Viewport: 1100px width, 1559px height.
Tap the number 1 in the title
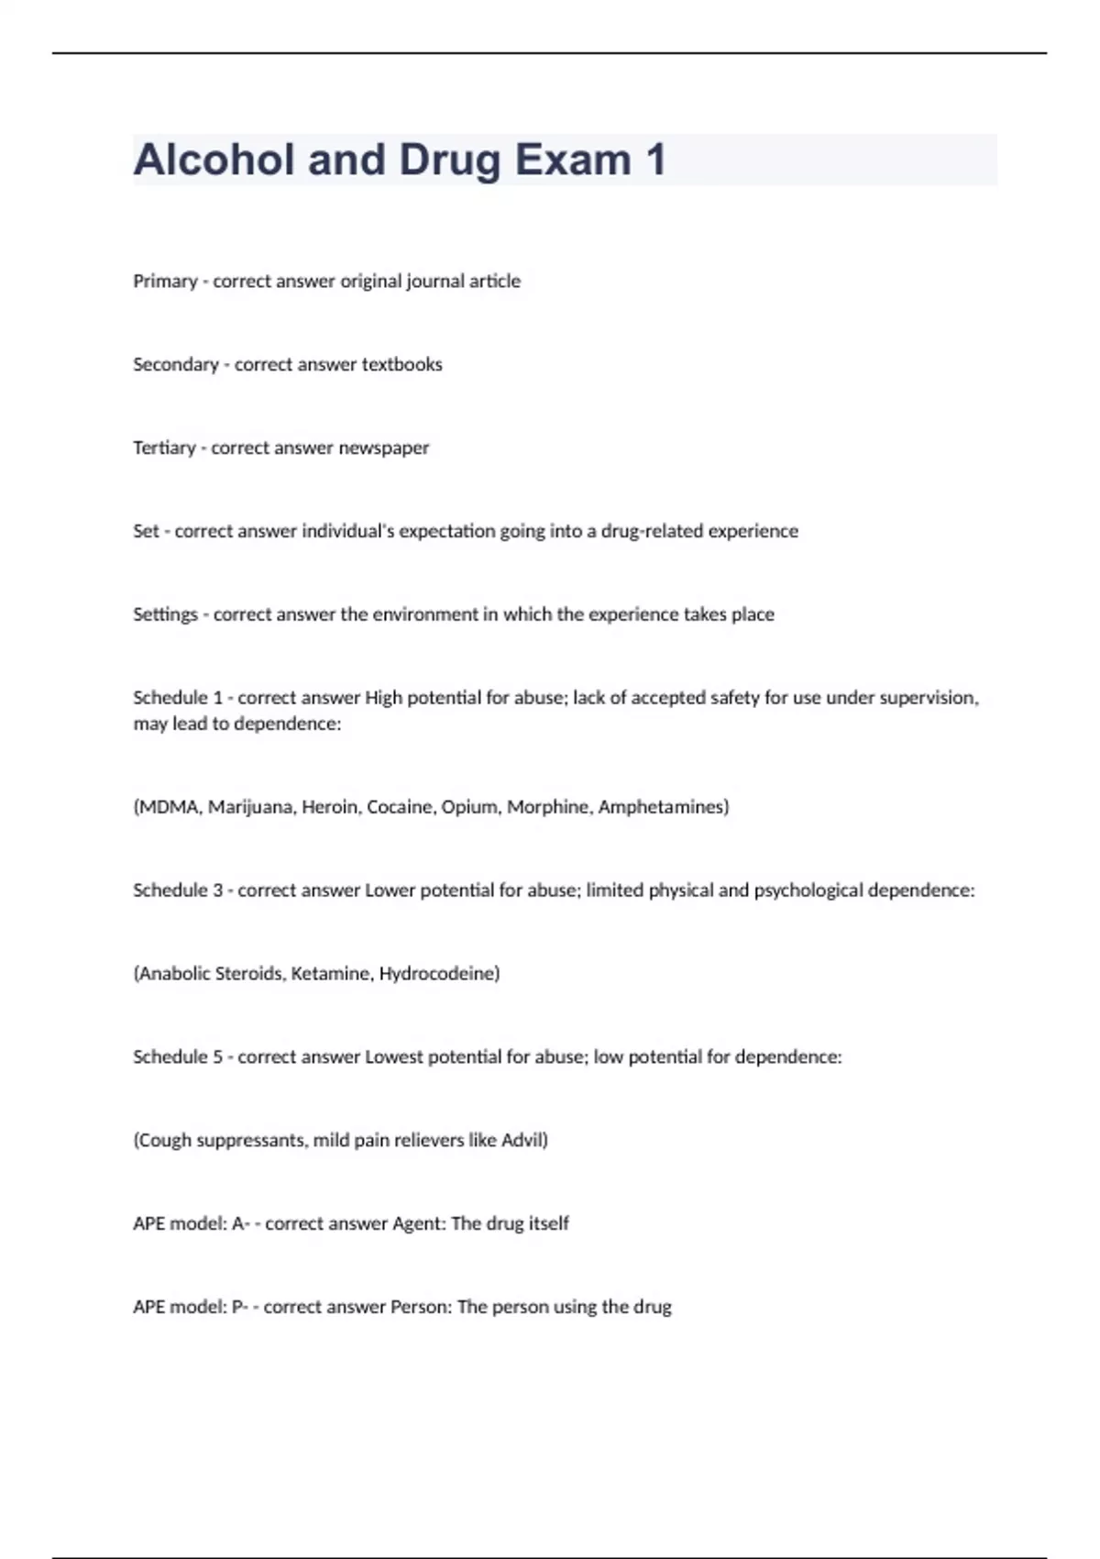[655, 160]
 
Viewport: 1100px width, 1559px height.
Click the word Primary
[165, 282]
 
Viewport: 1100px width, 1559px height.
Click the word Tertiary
[164, 448]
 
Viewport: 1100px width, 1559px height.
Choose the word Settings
[165, 614]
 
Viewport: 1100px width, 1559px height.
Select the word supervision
[928, 698]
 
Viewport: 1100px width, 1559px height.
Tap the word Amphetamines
[663, 807]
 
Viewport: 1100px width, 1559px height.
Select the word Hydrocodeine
[439, 974]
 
